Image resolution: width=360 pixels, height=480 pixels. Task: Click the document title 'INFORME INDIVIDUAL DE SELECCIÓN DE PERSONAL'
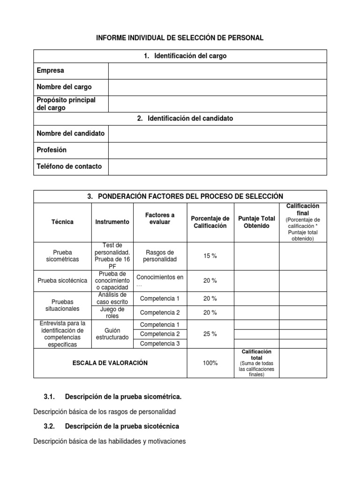(180, 38)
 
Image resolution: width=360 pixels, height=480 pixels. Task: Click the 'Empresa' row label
(51, 71)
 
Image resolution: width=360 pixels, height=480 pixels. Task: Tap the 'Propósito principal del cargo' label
(66, 104)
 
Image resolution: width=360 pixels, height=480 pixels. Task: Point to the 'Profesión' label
(52, 150)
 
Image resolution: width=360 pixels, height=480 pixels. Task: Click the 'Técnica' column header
(63, 222)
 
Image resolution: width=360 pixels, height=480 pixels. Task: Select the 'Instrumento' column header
(112, 222)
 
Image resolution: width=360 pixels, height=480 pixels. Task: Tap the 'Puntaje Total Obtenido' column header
(256, 222)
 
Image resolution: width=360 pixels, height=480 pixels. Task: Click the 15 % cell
(210, 256)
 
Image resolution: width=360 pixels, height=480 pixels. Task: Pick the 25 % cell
(210, 334)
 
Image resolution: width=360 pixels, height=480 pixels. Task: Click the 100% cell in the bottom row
(210, 363)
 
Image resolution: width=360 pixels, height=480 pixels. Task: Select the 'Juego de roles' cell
(112, 313)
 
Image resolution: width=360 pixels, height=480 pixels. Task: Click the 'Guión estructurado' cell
(112, 334)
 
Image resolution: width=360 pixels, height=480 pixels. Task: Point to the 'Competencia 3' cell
(160, 344)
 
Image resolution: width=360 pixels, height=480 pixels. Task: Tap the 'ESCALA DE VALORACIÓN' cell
(110, 363)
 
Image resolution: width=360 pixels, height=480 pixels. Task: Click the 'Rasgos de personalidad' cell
(160, 255)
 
